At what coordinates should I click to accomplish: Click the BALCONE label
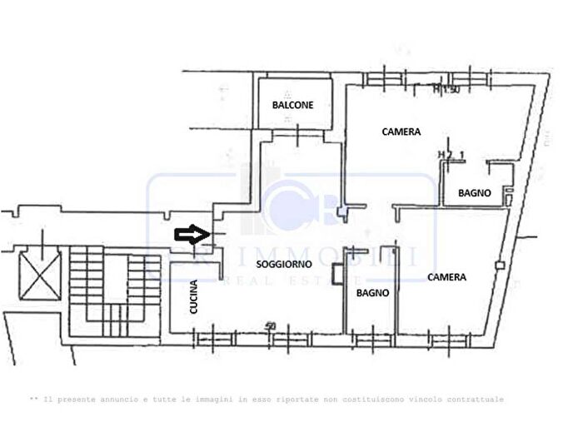[x=293, y=105]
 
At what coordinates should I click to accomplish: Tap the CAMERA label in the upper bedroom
[x=401, y=132]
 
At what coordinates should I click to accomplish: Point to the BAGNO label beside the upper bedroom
[x=475, y=193]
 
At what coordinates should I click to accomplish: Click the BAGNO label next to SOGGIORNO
[x=371, y=293]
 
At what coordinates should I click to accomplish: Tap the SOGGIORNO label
[x=285, y=263]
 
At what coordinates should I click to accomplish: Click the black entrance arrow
[x=190, y=235]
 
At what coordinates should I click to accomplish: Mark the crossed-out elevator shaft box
[x=39, y=272]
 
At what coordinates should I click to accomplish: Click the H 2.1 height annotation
[x=451, y=155]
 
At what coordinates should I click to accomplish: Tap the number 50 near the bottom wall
[x=271, y=325]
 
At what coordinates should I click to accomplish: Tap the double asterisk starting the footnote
[x=33, y=400]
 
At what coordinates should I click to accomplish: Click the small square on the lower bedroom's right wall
[x=499, y=266]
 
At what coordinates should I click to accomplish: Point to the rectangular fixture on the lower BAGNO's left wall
[x=335, y=274]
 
